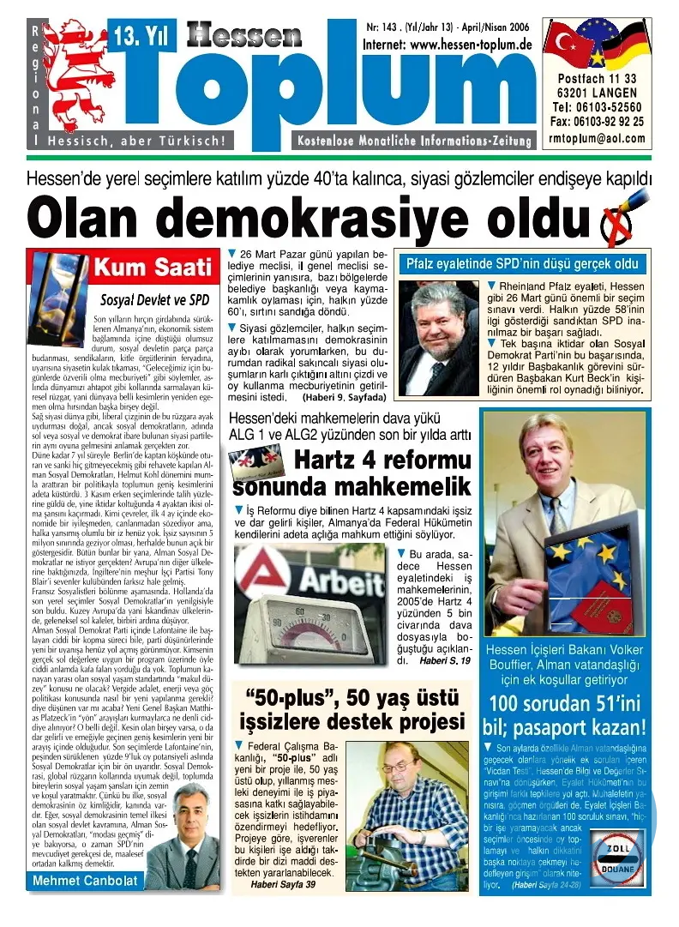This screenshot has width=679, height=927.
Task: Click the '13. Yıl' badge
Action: coord(136,37)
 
